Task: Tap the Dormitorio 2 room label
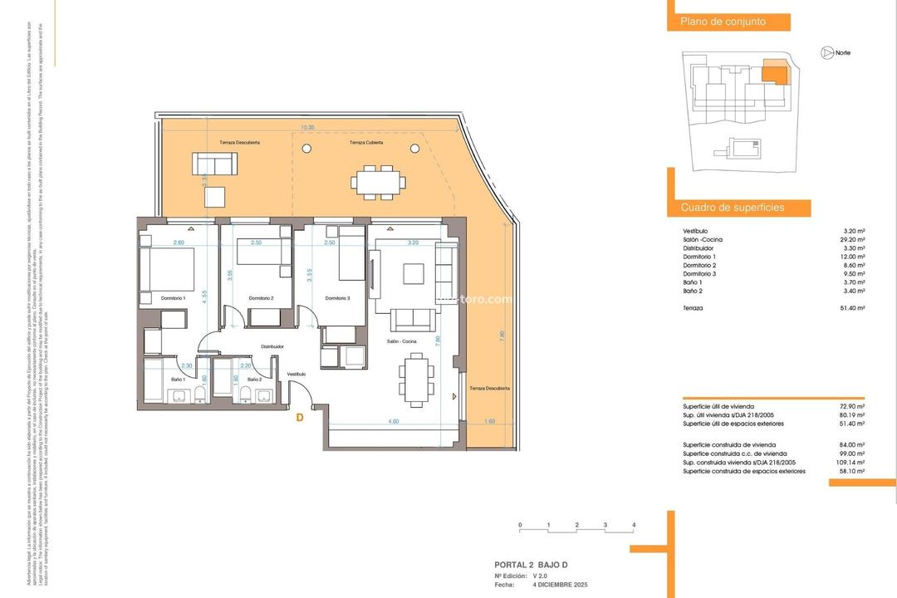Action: coord(261,298)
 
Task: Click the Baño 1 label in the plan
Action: coord(178,379)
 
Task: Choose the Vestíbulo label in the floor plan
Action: coord(297,375)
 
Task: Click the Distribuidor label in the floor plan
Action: coord(272,346)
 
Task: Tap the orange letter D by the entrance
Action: coord(299,419)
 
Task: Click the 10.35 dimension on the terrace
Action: coord(307,127)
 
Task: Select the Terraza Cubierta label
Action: coord(366,143)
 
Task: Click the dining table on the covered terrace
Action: coord(378,180)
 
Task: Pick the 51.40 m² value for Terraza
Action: coord(854,307)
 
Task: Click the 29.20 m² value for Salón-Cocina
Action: coord(854,239)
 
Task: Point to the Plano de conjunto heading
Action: coord(723,22)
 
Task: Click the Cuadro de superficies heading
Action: coord(732,208)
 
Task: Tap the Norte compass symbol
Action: coord(827,52)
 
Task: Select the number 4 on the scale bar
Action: coord(634,526)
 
